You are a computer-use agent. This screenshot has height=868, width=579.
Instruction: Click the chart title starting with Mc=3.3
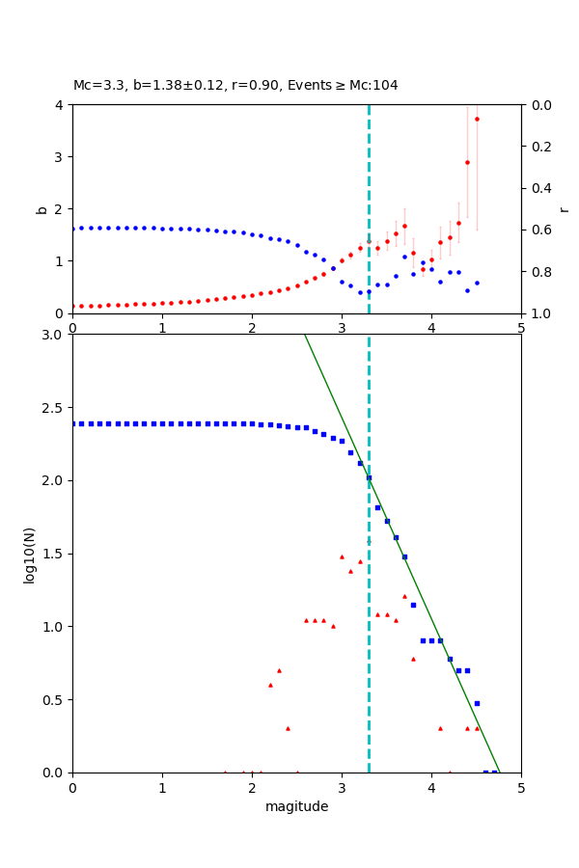pos(235,86)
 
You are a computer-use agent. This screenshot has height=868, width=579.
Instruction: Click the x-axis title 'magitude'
pos(296,806)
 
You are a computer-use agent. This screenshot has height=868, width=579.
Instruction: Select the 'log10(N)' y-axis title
pos(29,554)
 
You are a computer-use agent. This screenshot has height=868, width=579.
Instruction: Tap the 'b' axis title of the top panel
pos(41,208)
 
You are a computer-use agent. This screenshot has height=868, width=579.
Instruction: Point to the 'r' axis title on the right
pos(564,208)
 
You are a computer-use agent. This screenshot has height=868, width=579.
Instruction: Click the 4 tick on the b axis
pos(61,104)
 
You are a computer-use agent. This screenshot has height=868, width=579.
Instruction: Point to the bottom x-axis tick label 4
pos(431,787)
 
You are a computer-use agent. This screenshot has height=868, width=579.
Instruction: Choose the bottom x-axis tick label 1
pos(162,787)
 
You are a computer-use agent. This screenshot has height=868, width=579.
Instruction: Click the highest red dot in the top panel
pos(477,119)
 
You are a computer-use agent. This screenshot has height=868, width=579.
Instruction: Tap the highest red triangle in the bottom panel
pos(342,556)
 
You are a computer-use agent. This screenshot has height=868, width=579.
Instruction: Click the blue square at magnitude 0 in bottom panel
pos(73,423)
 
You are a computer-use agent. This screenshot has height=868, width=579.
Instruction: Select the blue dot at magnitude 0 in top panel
pos(73,228)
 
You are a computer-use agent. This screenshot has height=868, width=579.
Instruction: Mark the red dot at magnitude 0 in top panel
pos(73,306)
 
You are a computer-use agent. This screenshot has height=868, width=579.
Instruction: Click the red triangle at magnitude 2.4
pos(288,728)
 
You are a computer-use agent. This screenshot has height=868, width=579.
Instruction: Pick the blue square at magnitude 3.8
pos(413,605)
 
